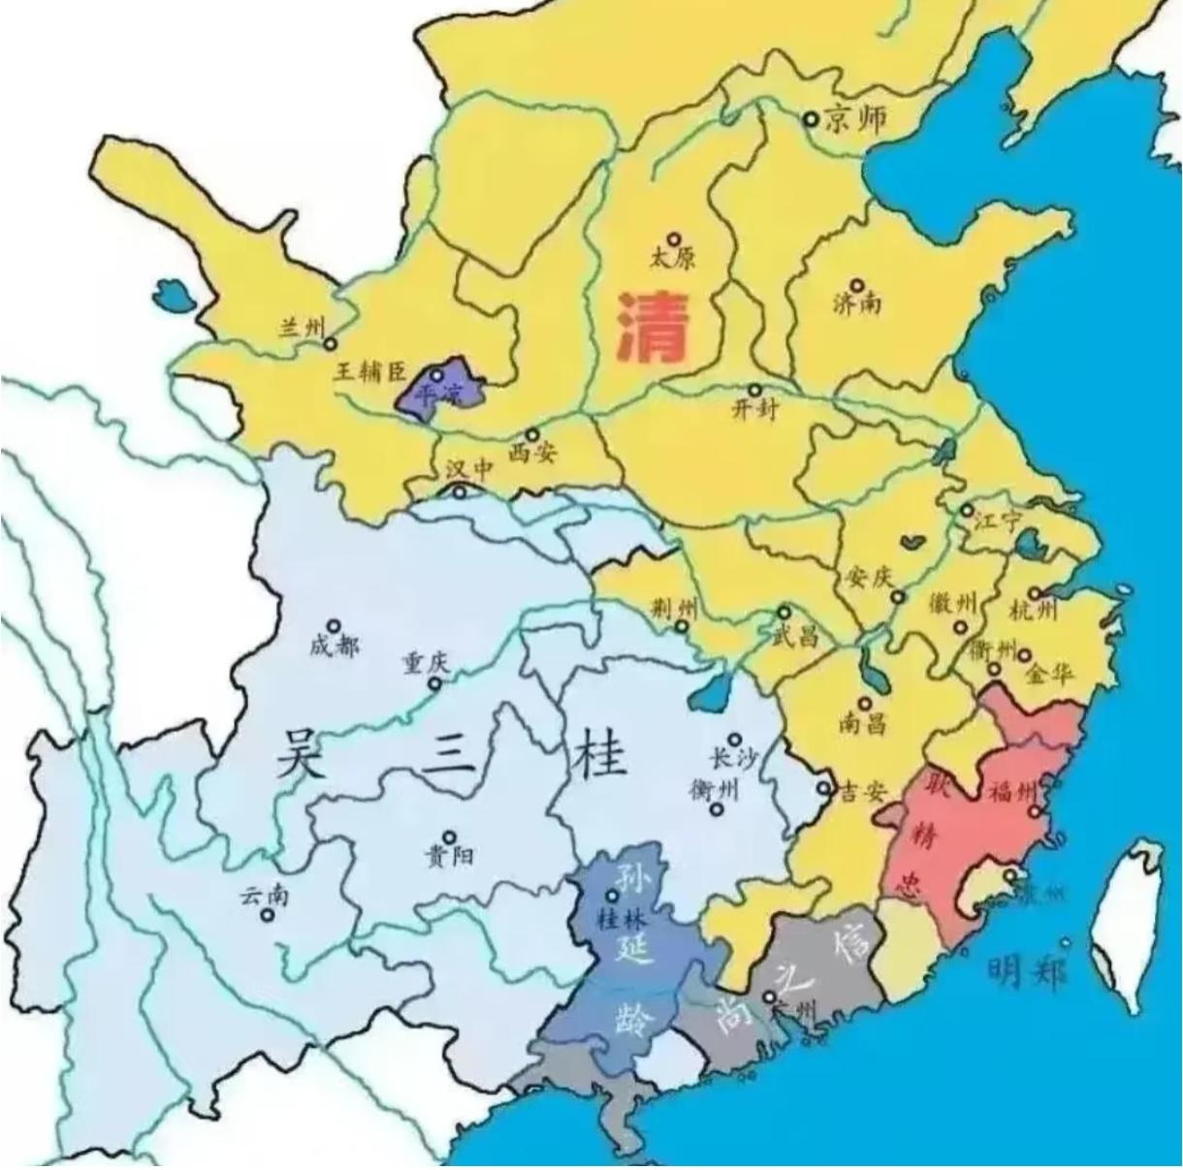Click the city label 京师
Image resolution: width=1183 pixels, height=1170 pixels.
[854, 119]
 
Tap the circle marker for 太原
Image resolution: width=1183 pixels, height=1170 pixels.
[674, 238]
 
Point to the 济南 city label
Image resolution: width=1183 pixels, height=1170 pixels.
[857, 303]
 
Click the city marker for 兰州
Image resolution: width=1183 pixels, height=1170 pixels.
[331, 343]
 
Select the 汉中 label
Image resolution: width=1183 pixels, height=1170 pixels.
[469, 469]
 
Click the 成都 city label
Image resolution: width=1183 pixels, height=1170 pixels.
[334, 646]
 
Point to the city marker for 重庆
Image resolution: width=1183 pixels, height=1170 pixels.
[435, 683]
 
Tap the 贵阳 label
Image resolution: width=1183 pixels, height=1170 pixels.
[449, 856]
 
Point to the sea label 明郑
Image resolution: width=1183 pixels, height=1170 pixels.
[1027, 969]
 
